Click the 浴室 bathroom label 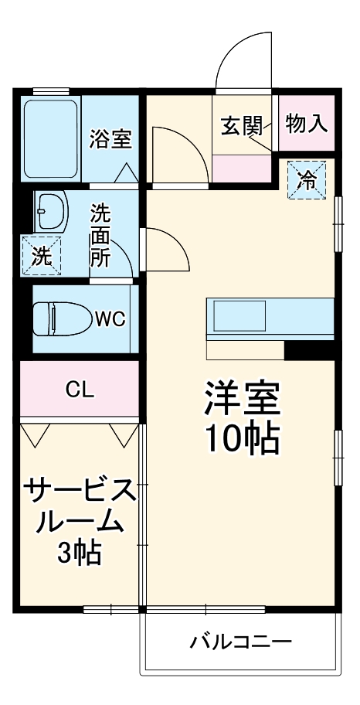click(x=110, y=139)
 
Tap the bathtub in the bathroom click(x=51, y=139)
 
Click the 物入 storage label click(x=307, y=123)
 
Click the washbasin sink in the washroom click(x=53, y=211)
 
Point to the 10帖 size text click(x=241, y=438)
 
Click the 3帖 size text click(x=79, y=553)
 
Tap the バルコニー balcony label click(x=241, y=642)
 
